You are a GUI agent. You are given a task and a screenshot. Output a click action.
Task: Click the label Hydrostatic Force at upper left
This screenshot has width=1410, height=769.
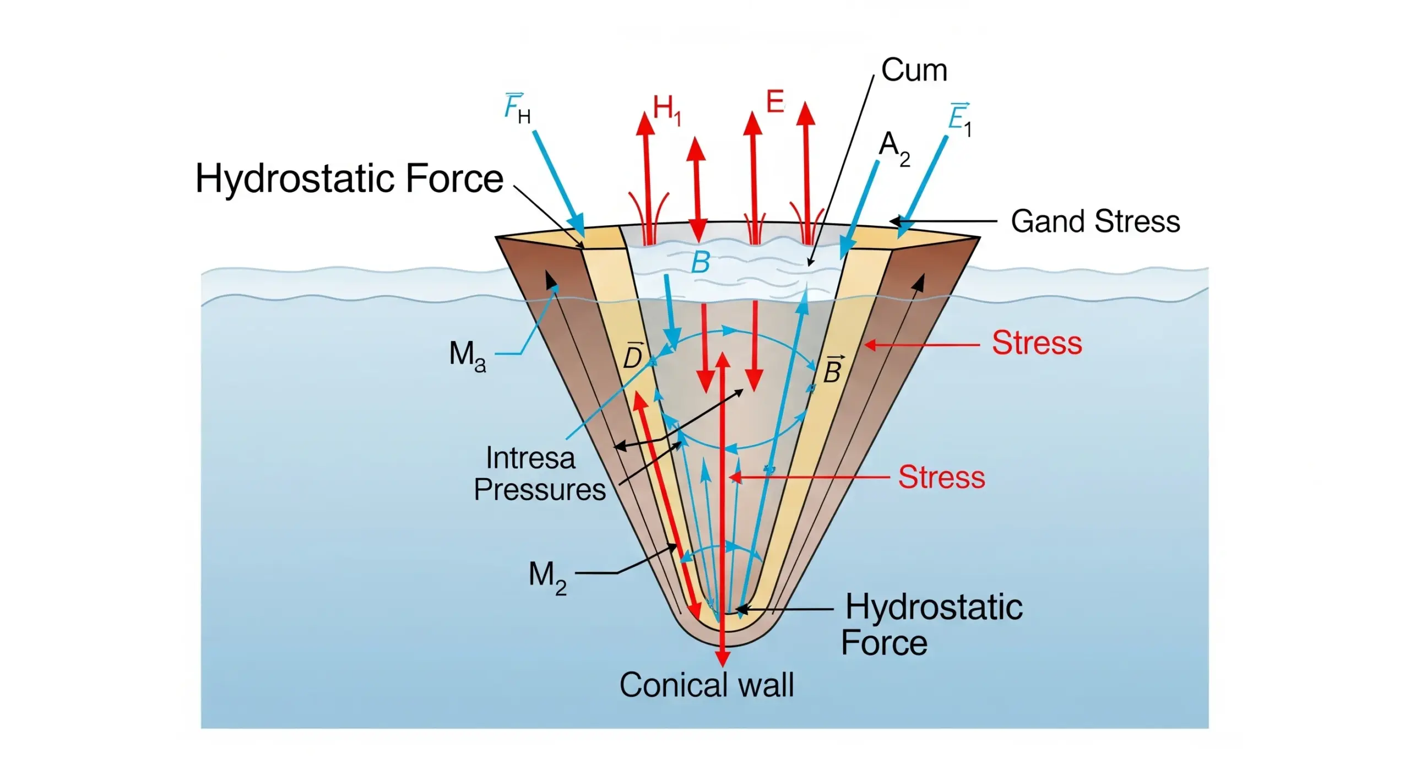pos(349,179)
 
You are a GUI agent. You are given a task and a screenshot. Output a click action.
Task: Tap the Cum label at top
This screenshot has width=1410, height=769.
pos(914,71)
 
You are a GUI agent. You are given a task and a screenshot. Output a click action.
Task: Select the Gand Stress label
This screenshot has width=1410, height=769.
pos(1095,221)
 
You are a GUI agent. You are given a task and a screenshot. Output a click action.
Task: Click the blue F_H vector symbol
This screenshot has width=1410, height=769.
pos(517,109)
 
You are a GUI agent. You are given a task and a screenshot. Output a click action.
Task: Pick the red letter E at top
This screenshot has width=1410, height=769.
pos(774,102)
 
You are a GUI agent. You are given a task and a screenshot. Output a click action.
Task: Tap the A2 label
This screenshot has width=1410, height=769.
pos(894,148)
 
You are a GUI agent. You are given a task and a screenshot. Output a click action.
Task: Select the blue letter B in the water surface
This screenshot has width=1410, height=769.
pos(700,263)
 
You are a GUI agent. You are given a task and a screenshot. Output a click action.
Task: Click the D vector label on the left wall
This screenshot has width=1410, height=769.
pos(632,356)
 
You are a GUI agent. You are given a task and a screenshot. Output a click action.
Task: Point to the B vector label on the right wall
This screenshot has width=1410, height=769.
pos(832,370)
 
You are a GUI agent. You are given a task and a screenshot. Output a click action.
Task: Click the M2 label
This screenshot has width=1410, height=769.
pos(547,577)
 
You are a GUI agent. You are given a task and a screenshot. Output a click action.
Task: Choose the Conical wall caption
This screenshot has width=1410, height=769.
pos(706,685)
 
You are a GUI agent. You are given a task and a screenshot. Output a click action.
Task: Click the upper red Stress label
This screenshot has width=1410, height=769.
pos(1037,343)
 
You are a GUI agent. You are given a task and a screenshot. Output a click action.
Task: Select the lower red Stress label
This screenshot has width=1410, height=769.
pos(941,477)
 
